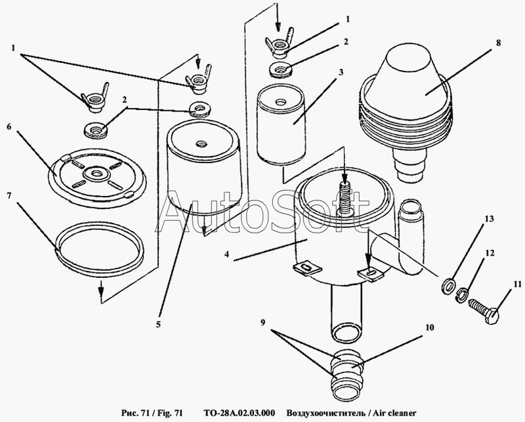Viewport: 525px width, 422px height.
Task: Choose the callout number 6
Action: pos(9,126)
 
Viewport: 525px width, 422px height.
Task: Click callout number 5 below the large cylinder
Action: pos(159,322)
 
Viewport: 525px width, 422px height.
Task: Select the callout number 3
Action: pos(341,73)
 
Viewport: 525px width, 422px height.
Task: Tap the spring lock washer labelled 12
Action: pos(463,296)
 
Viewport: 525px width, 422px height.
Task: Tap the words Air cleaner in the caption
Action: pos(387,413)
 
